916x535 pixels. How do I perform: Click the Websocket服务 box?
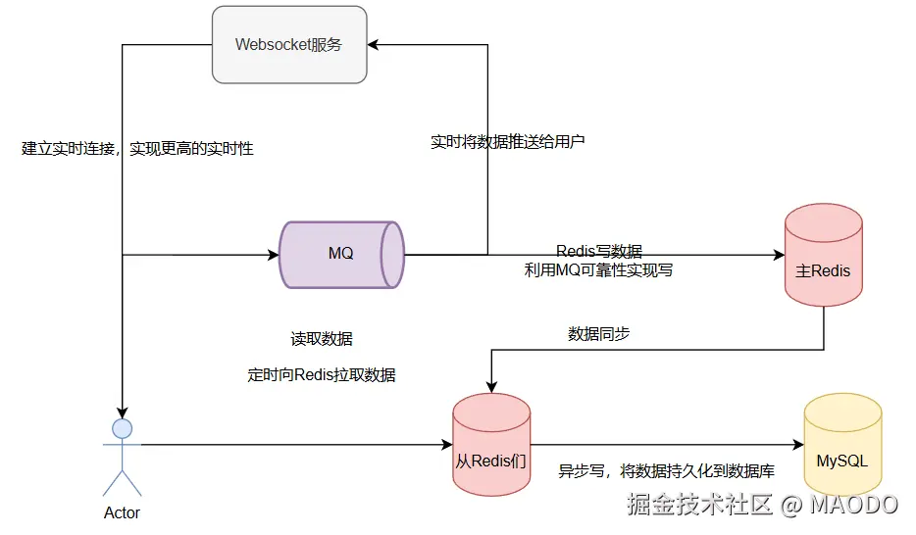(x=289, y=44)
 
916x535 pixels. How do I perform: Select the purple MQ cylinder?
(x=341, y=254)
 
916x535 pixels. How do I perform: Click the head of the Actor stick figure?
(x=122, y=428)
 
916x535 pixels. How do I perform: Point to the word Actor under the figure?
(x=122, y=512)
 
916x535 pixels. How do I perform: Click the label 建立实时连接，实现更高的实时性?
(x=137, y=149)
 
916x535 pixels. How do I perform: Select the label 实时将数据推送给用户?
(x=507, y=141)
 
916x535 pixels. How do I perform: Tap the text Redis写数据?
(x=599, y=251)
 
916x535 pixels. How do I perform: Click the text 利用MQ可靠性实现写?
(x=598, y=269)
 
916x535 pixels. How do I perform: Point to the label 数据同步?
(x=598, y=333)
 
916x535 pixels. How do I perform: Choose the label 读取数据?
(x=321, y=339)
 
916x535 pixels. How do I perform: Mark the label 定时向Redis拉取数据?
(x=322, y=375)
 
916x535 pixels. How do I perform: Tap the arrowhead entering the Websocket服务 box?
(x=375, y=44)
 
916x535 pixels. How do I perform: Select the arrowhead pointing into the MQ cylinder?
(x=275, y=255)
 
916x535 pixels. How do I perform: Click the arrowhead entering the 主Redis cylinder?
(x=779, y=255)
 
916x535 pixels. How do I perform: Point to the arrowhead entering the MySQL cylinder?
(x=797, y=446)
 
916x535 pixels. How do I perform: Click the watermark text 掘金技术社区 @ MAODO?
(x=762, y=505)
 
